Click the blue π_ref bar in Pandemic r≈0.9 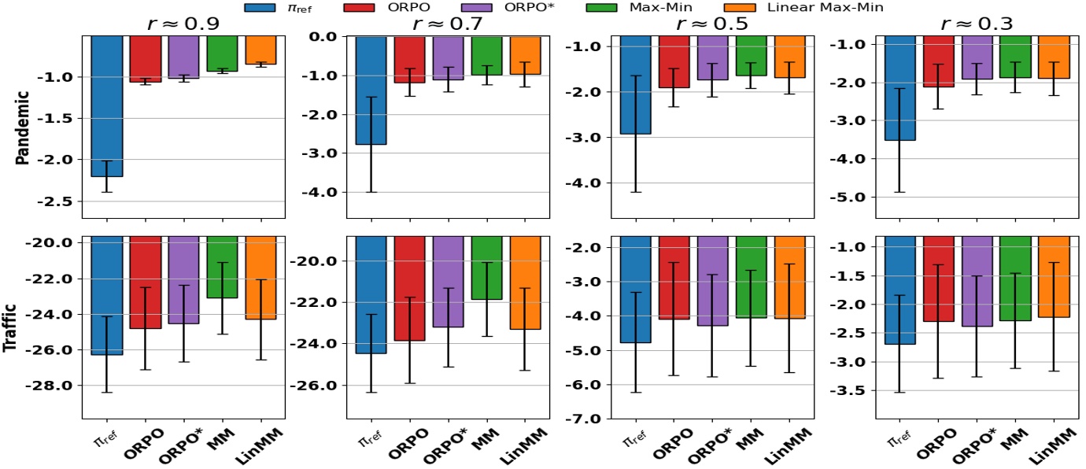click(x=106, y=106)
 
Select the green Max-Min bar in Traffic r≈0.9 click(x=222, y=268)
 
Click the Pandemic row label click(x=24, y=126)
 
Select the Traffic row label click(x=24, y=327)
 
